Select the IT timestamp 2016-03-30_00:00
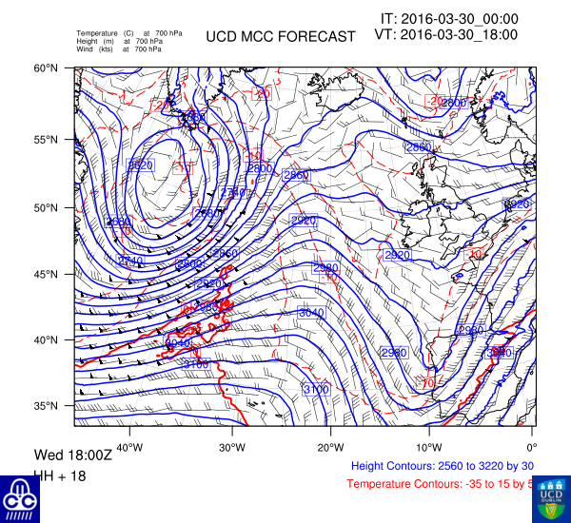click(x=449, y=18)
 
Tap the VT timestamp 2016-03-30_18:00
click(x=447, y=34)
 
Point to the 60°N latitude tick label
click(x=48, y=68)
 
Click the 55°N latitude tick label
click(x=48, y=139)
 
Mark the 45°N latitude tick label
click(x=48, y=274)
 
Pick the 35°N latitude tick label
click(x=48, y=406)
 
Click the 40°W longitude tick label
click(x=130, y=447)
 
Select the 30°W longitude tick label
click(x=231, y=447)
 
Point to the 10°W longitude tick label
click(x=429, y=447)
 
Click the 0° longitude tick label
click(x=532, y=447)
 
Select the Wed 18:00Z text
click(x=73, y=455)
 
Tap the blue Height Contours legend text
click(x=443, y=466)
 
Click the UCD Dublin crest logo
click(x=551, y=497)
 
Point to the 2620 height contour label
click(x=140, y=165)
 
